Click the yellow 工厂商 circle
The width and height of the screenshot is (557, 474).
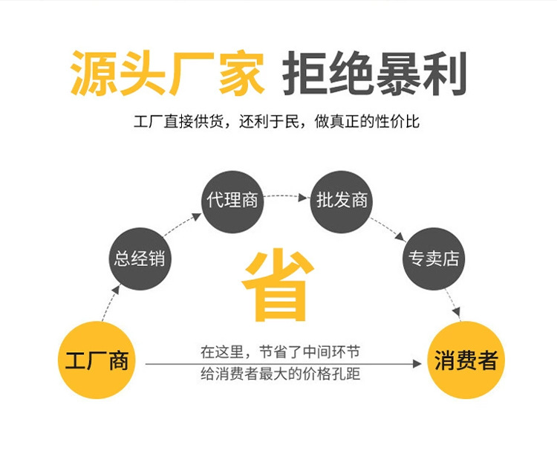point(97,361)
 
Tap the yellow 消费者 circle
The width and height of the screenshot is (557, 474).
point(466,361)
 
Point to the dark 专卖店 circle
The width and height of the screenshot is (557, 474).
point(434,259)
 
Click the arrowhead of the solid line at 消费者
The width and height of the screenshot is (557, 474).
point(419,364)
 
